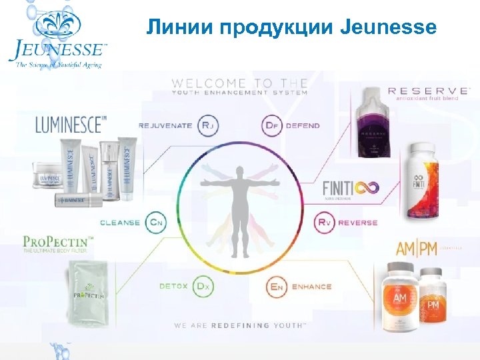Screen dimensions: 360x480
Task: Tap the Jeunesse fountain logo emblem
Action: pyautogui.click(x=56, y=25)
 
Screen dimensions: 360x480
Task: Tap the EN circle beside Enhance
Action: pyautogui.click(x=277, y=287)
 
